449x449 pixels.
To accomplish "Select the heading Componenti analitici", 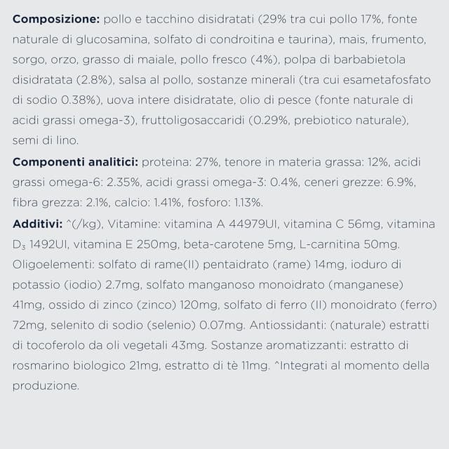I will [x=74, y=163].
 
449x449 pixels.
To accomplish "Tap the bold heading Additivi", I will [x=36, y=224].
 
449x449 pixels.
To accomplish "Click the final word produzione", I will [x=44, y=387].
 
